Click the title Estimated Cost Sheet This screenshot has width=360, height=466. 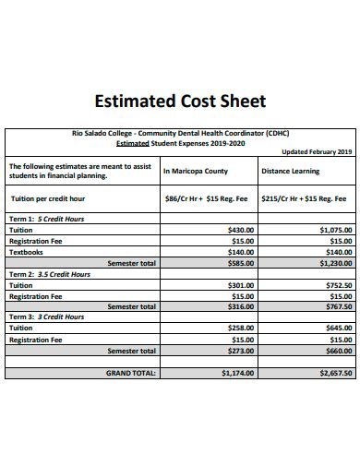(180, 101)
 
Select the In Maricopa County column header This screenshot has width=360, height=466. (196, 171)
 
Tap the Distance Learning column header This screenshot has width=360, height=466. (290, 171)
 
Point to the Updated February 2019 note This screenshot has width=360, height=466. (317, 151)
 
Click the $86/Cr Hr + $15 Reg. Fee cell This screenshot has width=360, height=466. (205, 198)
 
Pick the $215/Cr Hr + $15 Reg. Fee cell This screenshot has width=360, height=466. (304, 198)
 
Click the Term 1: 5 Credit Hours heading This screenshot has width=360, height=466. (46, 219)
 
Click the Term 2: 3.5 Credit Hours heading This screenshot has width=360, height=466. (49, 274)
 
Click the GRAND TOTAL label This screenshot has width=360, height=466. (132, 373)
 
